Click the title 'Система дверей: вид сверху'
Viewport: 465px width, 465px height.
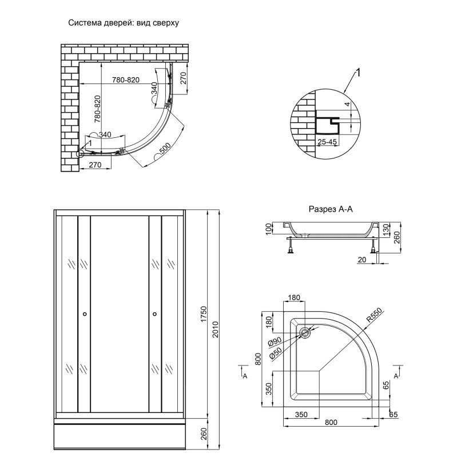click(x=124, y=23)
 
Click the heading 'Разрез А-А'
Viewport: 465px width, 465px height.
click(x=331, y=209)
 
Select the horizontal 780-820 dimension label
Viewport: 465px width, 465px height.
click(x=126, y=80)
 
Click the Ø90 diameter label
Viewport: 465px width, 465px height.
click(x=275, y=341)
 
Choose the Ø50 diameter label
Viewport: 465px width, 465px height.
click(x=276, y=353)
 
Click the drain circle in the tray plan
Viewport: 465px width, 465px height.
click(x=304, y=332)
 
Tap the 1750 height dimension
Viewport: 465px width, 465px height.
click(x=204, y=315)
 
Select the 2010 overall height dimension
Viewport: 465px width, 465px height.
click(x=215, y=329)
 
